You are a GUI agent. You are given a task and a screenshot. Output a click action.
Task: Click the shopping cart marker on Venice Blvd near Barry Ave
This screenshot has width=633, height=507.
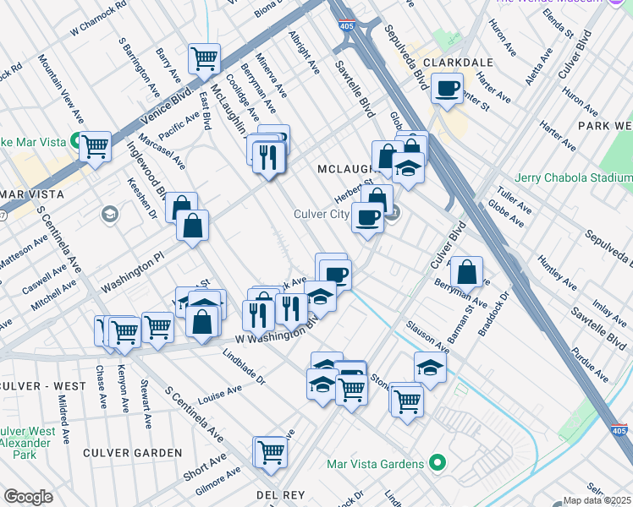(204, 59)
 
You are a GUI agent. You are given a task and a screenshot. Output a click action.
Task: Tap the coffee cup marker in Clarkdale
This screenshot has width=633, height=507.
(447, 88)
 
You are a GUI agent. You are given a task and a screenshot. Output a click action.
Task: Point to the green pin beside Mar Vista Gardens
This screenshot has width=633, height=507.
(437, 463)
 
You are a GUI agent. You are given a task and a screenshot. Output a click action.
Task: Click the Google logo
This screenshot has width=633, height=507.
(28, 497)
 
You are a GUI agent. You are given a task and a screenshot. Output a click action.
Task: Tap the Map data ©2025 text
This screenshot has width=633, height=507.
(597, 500)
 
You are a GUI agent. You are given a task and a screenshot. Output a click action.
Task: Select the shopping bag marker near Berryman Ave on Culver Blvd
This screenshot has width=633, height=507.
(466, 273)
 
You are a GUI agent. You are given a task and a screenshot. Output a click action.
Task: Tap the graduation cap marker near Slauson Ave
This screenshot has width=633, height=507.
(430, 368)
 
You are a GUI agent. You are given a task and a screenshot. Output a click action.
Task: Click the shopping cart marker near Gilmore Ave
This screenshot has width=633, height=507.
(271, 452)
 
